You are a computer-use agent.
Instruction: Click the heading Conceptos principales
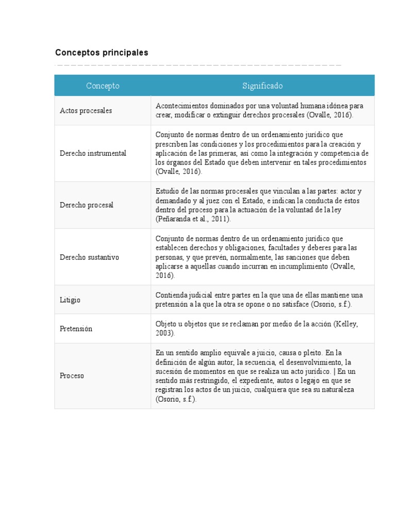point(102,53)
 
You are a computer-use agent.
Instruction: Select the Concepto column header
point(103,86)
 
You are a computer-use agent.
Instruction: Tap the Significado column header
point(262,86)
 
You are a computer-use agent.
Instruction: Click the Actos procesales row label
point(86,111)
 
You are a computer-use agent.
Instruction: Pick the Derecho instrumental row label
point(93,154)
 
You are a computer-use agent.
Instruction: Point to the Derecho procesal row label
point(87,205)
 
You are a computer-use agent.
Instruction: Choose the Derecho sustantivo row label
point(89,257)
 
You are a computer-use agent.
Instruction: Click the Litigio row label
point(70,300)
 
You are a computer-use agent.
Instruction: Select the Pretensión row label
point(76,329)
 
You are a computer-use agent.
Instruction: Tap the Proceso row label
point(72,376)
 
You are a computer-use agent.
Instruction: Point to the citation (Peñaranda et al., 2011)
point(193,219)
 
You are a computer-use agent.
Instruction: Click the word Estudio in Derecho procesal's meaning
point(166,191)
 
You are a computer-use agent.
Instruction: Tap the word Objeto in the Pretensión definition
point(166,324)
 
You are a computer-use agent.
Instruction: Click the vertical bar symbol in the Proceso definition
point(334,371)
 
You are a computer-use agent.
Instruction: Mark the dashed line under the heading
point(198,65)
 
